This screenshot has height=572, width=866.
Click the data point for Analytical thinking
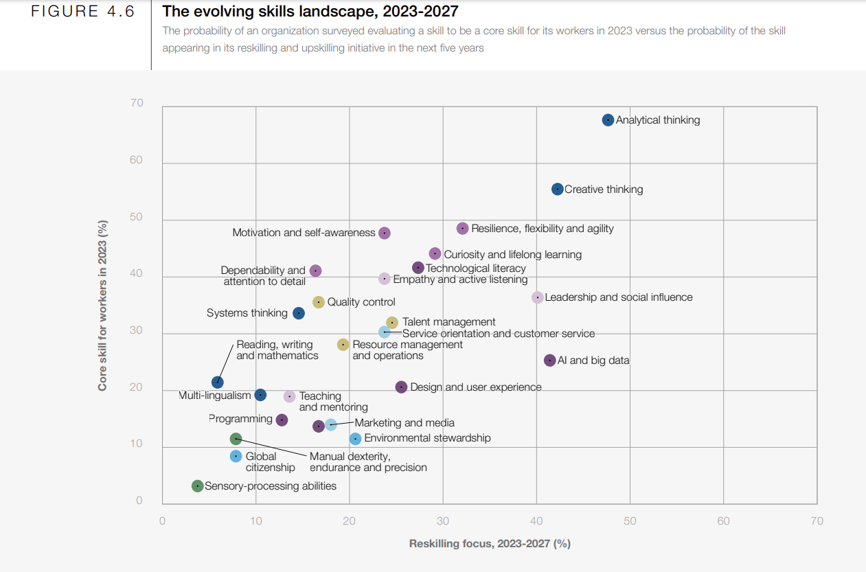pos(608,120)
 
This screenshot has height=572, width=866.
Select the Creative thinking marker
pos(558,189)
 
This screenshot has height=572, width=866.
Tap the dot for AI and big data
pos(550,361)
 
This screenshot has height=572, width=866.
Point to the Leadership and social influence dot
pos(538,297)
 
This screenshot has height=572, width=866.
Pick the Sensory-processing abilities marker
pos(198,485)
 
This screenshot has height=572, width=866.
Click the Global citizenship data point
pos(236,456)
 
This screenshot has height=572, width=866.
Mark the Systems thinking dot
pos(299,313)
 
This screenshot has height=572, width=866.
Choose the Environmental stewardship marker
pos(355,439)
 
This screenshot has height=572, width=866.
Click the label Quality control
pos(361,302)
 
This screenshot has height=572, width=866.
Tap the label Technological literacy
pos(476,268)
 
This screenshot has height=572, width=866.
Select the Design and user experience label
pos(476,387)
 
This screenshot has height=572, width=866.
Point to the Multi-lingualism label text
pos(214,396)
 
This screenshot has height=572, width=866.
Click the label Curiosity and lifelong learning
pos(512,255)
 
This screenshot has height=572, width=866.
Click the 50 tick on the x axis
pos(630,521)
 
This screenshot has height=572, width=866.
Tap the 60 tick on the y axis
pos(136,160)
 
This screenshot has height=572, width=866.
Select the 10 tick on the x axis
pos(256,521)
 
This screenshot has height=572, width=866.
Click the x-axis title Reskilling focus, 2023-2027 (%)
pos(490,544)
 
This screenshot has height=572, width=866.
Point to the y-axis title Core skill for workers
pos(103,305)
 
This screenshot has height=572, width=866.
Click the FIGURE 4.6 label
pos(82,12)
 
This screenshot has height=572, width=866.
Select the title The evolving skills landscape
pos(310,12)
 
